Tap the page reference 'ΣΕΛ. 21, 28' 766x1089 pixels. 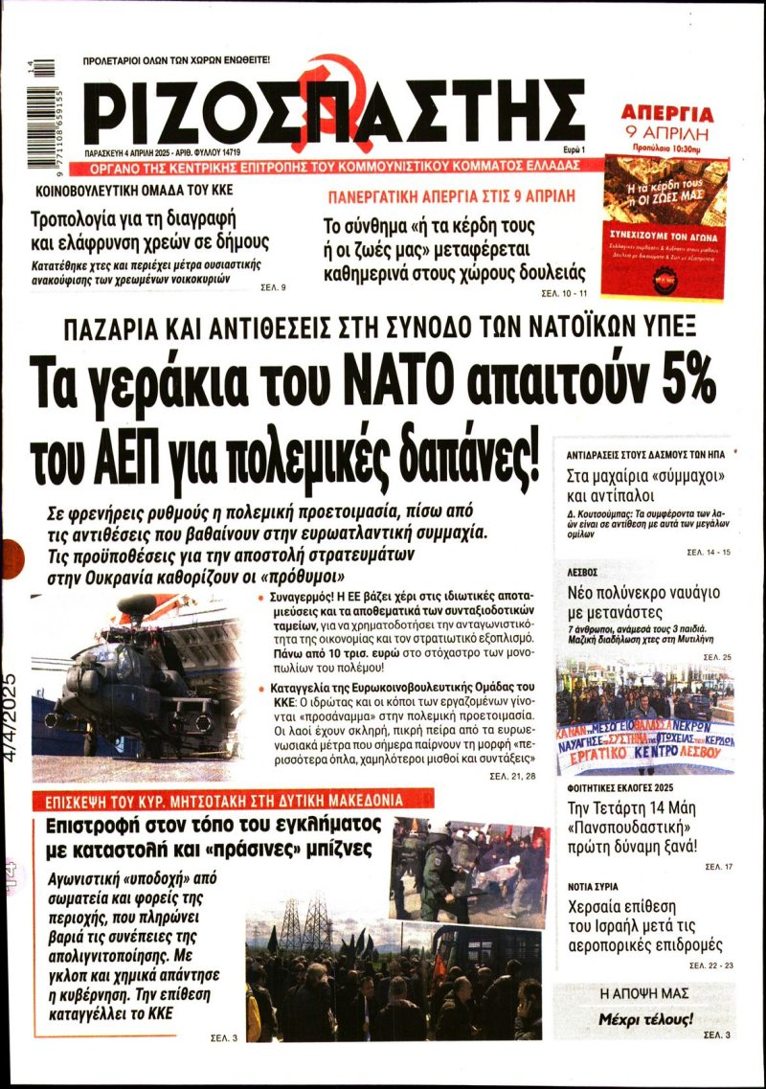tap(511, 773)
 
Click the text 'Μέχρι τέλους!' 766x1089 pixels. tap(645, 1018)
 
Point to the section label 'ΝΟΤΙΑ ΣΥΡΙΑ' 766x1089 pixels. tap(592, 887)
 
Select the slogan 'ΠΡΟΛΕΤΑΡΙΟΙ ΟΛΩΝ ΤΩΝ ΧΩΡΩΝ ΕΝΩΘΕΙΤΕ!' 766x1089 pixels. tap(177, 60)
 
